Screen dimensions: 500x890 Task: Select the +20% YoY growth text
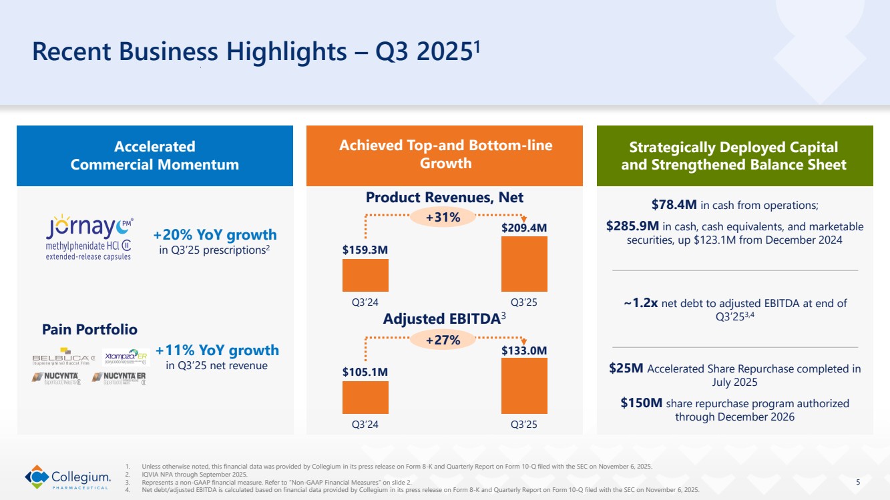pos(215,235)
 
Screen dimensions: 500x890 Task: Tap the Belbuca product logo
pos(63,358)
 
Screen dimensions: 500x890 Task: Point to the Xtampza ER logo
pos(126,356)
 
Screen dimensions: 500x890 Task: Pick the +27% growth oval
pos(443,340)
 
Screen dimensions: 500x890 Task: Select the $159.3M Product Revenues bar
pos(365,275)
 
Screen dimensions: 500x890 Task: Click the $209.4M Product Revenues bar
pos(524,264)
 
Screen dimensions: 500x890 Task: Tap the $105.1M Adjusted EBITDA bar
pos(365,397)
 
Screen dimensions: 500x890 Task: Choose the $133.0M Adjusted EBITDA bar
pos(524,386)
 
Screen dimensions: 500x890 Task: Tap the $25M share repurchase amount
pos(626,368)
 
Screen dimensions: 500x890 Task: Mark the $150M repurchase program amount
pos(641,403)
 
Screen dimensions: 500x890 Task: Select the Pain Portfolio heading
pos(89,329)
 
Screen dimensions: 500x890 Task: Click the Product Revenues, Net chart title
pos(445,197)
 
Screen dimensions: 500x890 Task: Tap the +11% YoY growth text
pos(217,350)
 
